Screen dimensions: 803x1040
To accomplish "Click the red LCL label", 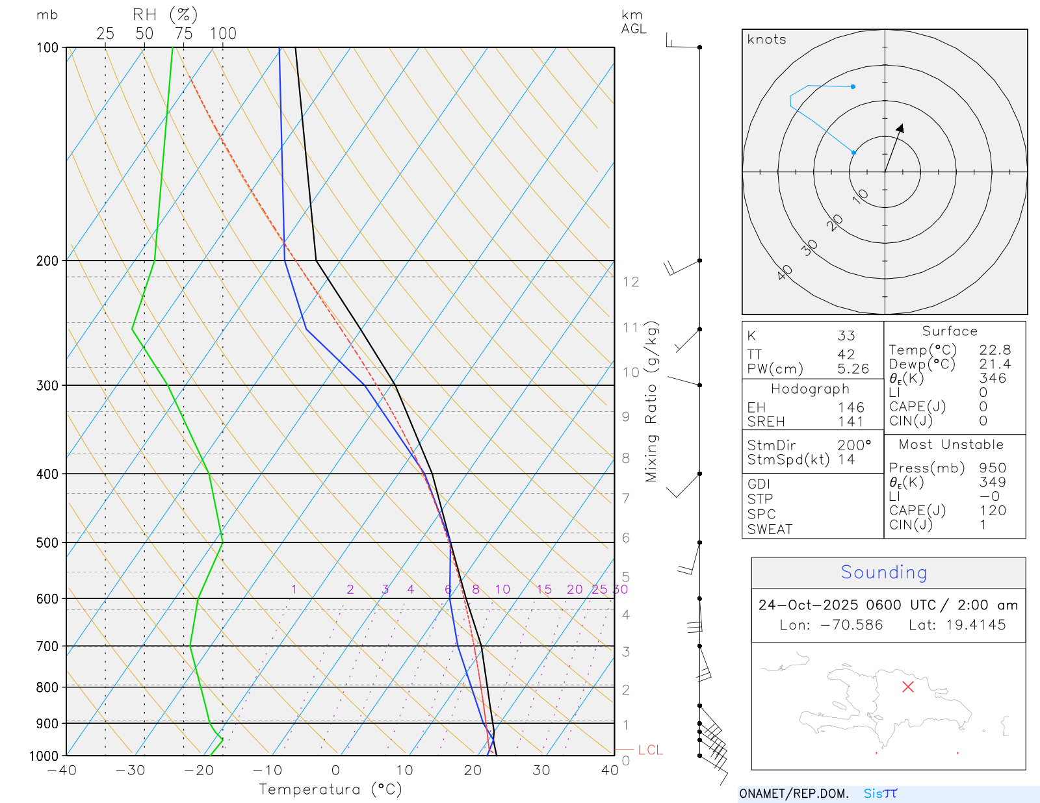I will coord(650,750).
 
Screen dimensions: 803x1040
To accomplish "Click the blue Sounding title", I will coord(883,572).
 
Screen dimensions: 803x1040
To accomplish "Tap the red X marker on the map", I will coord(908,687).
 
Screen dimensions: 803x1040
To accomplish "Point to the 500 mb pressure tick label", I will coord(47,542).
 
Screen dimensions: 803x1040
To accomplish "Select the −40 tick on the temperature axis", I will coord(62,771).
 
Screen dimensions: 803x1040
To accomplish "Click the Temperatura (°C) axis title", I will coord(330,789).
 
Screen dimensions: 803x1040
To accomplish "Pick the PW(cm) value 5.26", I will coord(853,369).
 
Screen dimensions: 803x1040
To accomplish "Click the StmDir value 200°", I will coord(853,446).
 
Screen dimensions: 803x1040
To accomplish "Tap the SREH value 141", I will coord(850,422).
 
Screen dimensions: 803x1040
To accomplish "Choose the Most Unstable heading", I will coord(951,445).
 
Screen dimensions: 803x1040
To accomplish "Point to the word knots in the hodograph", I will coord(766,40).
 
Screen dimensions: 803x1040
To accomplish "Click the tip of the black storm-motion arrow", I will coord(902,125).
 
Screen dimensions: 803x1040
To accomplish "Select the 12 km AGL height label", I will coord(630,282).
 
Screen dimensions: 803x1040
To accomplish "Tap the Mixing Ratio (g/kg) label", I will coord(651,401).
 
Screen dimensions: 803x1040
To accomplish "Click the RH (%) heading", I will coord(165,14).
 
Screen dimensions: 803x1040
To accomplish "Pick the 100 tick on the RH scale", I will coord(223,34).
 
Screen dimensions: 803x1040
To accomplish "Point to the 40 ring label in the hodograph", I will coord(785,272).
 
